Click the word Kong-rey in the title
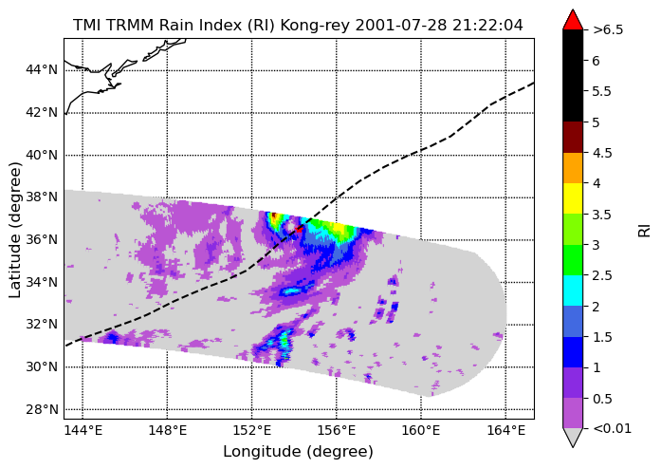click(x=315, y=26)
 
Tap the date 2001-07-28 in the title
click(x=400, y=26)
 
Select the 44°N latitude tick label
click(x=42, y=69)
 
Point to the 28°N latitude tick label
click(x=42, y=410)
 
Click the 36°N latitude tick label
click(x=42, y=240)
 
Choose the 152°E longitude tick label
click(x=252, y=431)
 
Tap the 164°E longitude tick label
click(x=505, y=431)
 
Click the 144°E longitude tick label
click(x=83, y=431)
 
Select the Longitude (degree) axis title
click(x=299, y=452)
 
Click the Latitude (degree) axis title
click(x=15, y=230)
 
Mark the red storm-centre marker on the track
click(x=299, y=229)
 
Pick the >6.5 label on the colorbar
click(x=608, y=30)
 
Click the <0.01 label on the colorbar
click(x=612, y=429)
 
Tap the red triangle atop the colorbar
click(x=573, y=20)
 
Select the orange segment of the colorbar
click(x=573, y=168)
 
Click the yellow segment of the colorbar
click(x=573, y=198)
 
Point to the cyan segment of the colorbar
click(x=573, y=291)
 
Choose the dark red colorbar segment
click(x=573, y=138)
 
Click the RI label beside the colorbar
click(x=644, y=231)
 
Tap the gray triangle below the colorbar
click(x=573, y=438)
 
